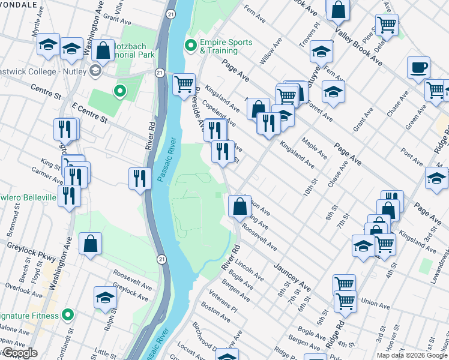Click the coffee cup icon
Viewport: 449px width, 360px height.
418,68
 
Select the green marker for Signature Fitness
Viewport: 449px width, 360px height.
68,314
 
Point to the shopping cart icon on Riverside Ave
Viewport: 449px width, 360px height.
184,83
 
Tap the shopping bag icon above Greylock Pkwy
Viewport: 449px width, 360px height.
90,244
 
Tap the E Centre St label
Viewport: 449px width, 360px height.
88,112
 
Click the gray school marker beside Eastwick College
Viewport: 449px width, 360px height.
95,71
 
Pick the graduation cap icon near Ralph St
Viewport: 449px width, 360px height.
106,297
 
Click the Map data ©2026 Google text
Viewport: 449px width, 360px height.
412,355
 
